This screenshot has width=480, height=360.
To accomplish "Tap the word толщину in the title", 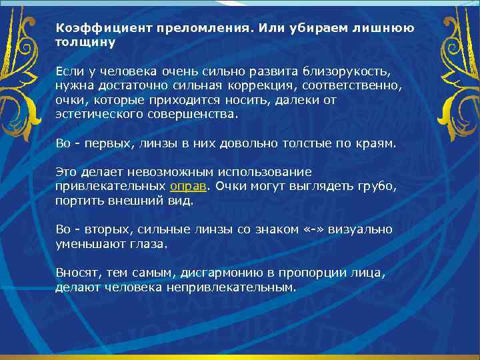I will (85, 43).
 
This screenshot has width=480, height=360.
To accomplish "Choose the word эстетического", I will (98, 115).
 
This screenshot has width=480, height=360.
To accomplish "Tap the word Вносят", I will (75, 273).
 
